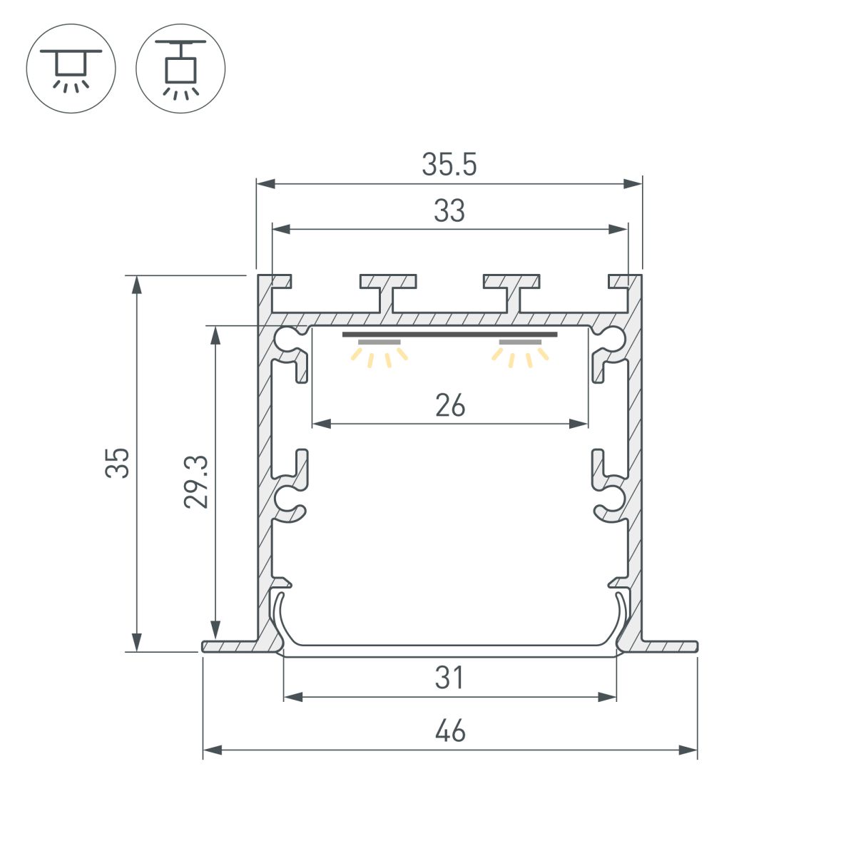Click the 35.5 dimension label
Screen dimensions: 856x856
(x=449, y=165)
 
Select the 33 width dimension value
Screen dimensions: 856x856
(x=449, y=211)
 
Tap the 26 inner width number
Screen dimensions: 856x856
(x=450, y=406)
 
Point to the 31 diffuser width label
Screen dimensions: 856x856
(x=450, y=678)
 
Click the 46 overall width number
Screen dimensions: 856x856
(x=450, y=731)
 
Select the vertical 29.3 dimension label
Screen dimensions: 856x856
(x=195, y=481)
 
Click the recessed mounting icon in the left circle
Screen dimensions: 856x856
(x=71, y=68)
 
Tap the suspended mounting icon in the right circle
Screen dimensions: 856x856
(x=180, y=68)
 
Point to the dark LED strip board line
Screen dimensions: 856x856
(x=449, y=334)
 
